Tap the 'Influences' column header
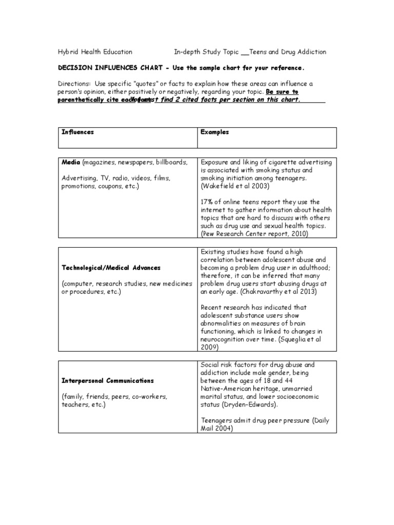point(77,132)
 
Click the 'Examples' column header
point(214,132)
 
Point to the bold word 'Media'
point(70,162)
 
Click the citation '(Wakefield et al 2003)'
point(234,186)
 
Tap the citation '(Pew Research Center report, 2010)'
point(254,234)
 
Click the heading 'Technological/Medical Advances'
point(111,268)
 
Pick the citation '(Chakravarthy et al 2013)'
point(267,291)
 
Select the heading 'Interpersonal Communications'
point(108,380)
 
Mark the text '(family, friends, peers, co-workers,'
point(114,397)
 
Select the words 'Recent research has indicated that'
point(253,308)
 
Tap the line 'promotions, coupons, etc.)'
point(100,186)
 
